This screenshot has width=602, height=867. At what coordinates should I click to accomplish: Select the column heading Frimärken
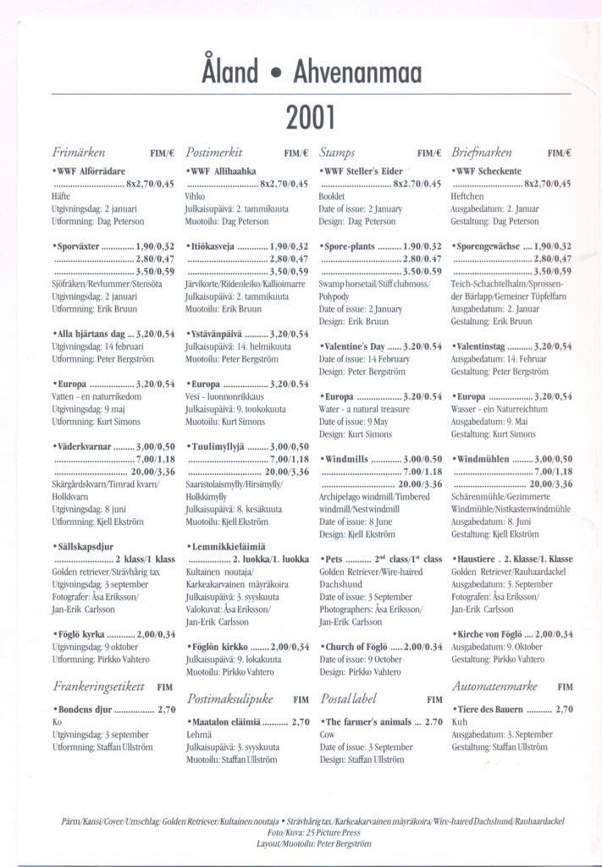click(79, 153)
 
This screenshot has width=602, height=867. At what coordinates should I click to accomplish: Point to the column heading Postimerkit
click(214, 153)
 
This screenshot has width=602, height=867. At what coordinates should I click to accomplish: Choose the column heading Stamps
click(338, 153)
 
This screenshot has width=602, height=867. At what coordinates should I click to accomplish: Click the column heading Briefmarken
click(482, 153)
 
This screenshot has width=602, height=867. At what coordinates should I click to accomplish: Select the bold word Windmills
click(348, 458)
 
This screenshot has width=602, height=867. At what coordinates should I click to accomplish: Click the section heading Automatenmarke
click(495, 686)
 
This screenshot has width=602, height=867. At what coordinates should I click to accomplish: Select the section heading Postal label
click(349, 699)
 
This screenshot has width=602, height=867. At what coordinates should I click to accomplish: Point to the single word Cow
click(327, 735)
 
